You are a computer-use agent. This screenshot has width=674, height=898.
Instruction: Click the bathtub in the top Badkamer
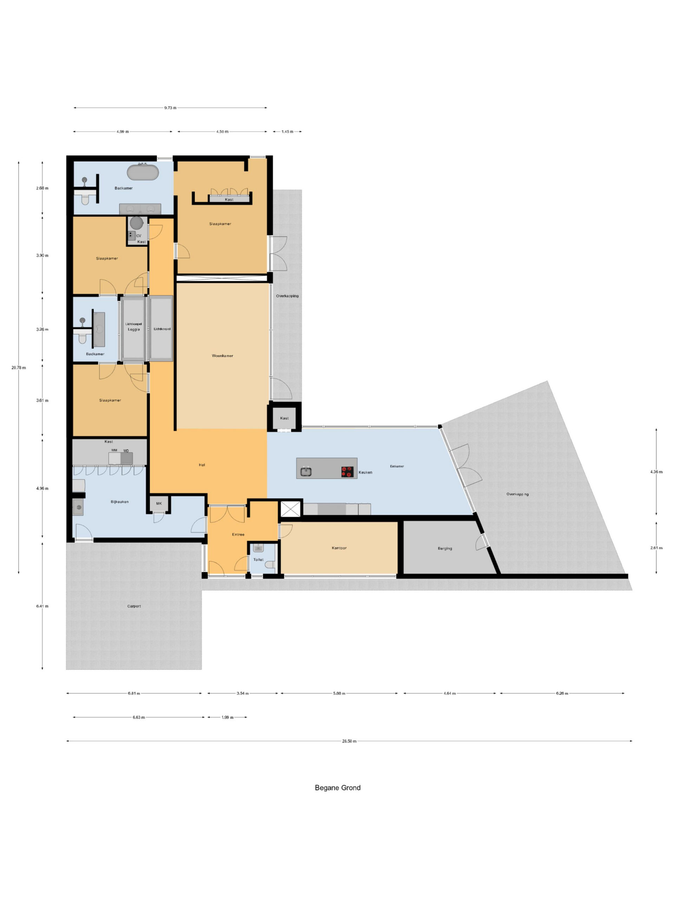[142, 173]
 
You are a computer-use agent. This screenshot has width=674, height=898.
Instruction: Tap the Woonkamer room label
[222, 356]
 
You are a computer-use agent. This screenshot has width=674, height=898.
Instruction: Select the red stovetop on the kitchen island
[347, 471]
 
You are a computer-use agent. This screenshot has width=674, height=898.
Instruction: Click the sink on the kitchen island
[306, 471]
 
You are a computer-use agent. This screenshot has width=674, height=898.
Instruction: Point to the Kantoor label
[339, 548]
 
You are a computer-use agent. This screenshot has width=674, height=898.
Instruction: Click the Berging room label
[445, 549]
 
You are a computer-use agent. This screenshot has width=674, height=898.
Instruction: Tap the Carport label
[134, 606]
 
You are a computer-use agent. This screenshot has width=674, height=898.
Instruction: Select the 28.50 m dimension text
[349, 741]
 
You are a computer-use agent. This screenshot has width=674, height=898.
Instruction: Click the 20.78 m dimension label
[19, 368]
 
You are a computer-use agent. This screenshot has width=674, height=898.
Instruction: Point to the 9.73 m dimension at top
[170, 108]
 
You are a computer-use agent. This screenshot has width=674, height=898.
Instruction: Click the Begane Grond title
[338, 788]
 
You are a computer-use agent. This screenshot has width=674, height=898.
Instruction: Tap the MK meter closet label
[159, 503]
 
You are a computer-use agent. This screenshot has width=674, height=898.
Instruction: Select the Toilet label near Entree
[258, 559]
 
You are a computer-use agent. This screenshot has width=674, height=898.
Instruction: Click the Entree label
[238, 534]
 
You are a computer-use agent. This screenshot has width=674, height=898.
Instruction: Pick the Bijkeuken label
[119, 502]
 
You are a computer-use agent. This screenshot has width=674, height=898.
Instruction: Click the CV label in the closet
[139, 236]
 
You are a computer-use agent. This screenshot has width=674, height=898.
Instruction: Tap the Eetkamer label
[397, 466]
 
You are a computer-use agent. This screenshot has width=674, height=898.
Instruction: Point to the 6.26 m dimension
[562, 693]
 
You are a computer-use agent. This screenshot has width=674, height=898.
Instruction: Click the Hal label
[202, 465]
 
